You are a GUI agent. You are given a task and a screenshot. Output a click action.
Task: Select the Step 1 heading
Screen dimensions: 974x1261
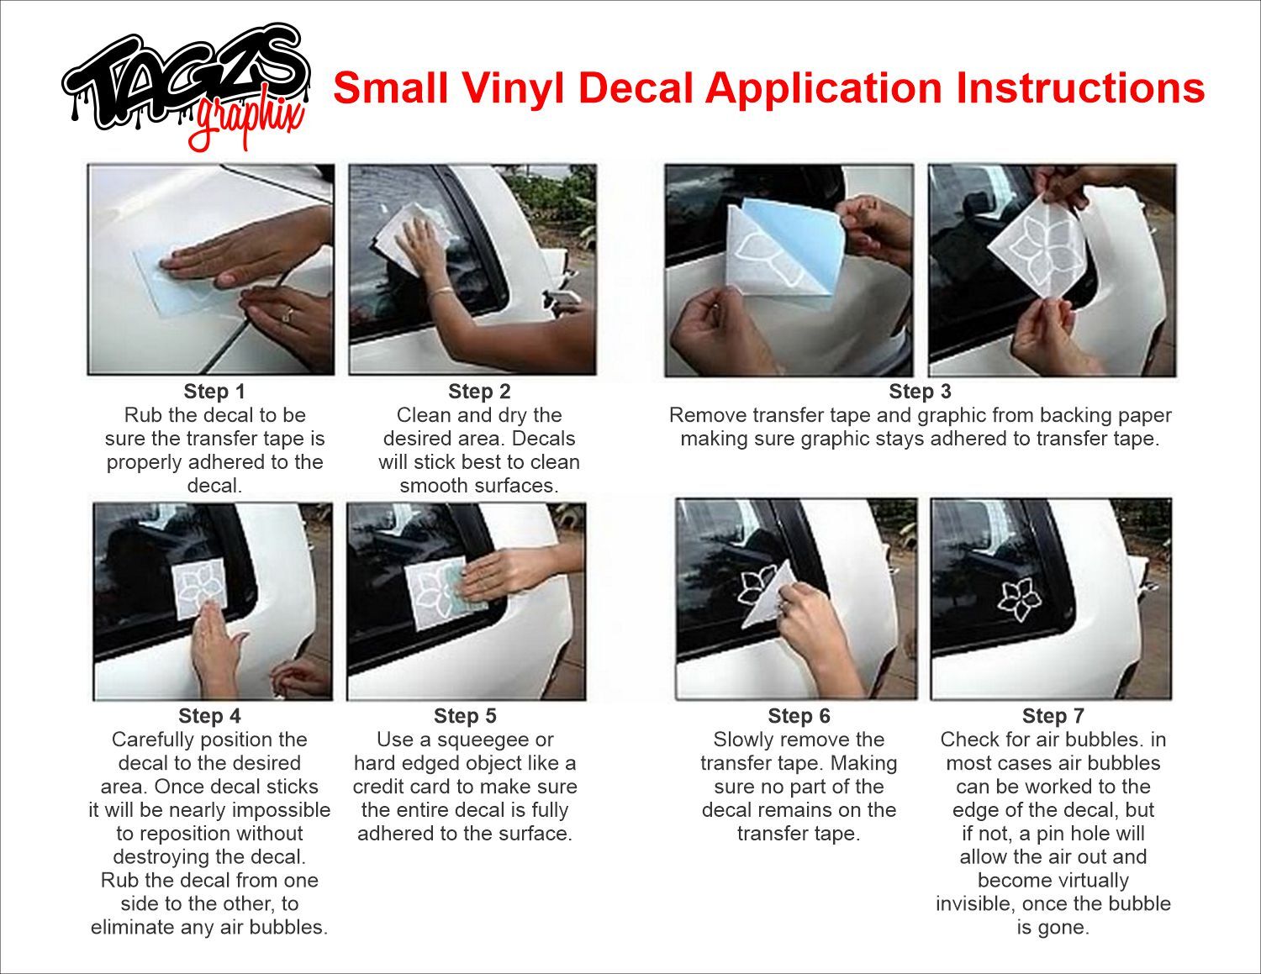point(214,392)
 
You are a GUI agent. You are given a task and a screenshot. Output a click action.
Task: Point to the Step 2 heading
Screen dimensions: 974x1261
point(479,392)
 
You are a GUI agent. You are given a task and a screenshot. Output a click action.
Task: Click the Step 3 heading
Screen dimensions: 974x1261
point(920,392)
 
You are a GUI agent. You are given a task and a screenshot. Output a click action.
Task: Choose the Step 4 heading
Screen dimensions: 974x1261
point(209,716)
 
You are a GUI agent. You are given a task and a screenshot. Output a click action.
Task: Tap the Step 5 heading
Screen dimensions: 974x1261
point(465,716)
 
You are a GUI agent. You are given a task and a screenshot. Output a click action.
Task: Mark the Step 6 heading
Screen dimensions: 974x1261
point(799,716)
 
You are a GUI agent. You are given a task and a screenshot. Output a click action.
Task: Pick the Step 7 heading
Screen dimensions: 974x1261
point(1053,716)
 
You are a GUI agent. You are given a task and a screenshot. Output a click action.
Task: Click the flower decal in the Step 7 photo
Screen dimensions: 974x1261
point(1019,599)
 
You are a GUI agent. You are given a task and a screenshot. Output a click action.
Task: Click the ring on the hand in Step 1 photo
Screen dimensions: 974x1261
point(287,316)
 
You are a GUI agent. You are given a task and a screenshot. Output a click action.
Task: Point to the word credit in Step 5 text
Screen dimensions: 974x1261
point(379,787)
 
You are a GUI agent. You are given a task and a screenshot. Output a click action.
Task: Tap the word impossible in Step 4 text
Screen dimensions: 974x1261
point(281,811)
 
